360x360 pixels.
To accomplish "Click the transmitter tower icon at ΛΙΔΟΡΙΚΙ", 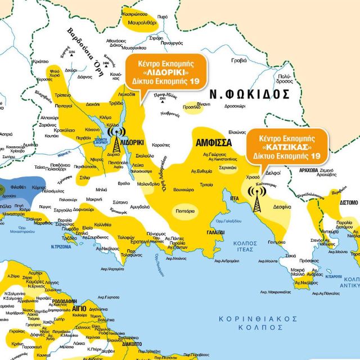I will pyautogui.click(x=116, y=141).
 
